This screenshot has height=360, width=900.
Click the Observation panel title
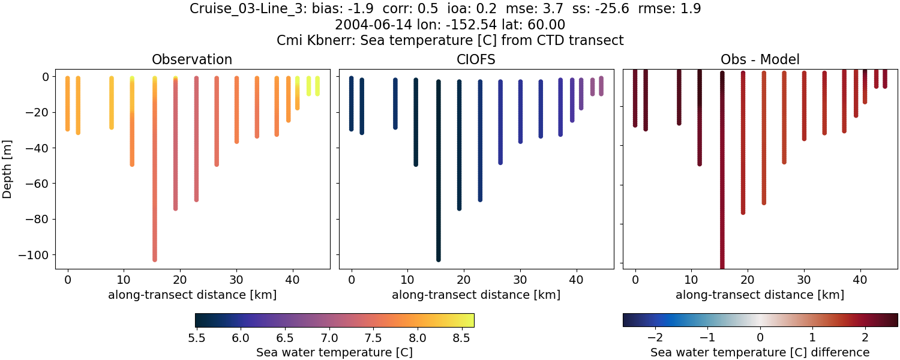click(x=192, y=59)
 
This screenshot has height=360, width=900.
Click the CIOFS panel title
click(x=476, y=59)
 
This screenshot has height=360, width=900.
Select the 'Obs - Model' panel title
click(x=760, y=59)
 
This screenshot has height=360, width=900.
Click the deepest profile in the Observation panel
click(x=155, y=180)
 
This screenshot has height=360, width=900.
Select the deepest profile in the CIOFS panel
click(x=439, y=180)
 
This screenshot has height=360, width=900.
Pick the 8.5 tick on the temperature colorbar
click(x=461, y=338)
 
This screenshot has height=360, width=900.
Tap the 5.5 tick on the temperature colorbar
click(x=197, y=338)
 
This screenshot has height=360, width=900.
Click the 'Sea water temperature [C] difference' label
click(x=760, y=352)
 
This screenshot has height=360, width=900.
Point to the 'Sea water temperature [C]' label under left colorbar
click(x=334, y=352)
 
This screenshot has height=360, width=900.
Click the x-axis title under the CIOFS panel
click(x=476, y=295)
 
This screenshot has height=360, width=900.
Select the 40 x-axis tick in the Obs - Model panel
click(x=860, y=279)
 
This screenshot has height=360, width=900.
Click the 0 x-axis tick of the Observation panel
click(x=68, y=279)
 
